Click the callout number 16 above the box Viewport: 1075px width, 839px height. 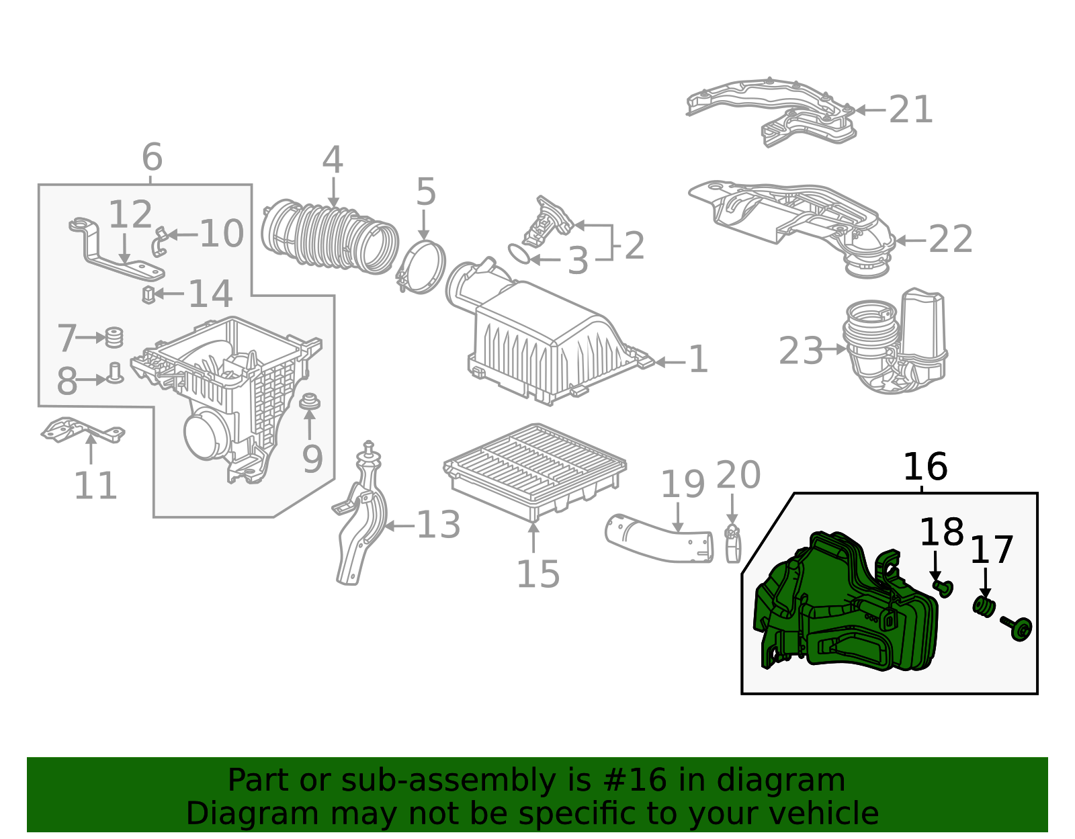click(x=924, y=467)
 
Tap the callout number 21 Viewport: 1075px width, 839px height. click(x=910, y=109)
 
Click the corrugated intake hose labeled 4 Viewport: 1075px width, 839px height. click(x=329, y=235)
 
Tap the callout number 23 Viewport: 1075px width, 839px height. click(x=800, y=351)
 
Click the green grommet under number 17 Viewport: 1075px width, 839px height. click(x=984, y=607)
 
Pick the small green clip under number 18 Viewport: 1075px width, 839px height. click(x=943, y=588)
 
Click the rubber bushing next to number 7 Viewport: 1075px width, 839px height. click(x=115, y=337)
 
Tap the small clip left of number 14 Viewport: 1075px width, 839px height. click(x=148, y=294)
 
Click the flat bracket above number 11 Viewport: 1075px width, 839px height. click(x=81, y=430)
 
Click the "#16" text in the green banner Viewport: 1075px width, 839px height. click(x=635, y=780)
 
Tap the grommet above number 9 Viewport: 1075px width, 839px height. click(x=309, y=402)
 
